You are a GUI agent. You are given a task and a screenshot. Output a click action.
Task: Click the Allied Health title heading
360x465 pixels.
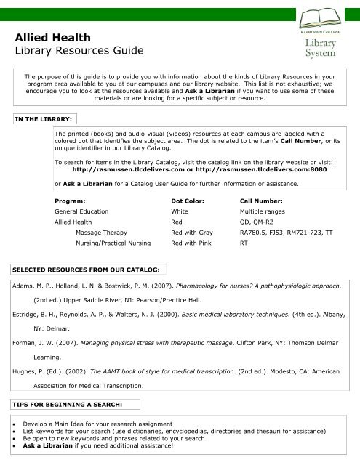click(49, 36)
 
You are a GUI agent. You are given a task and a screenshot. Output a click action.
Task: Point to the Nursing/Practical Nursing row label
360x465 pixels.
click(113, 245)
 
